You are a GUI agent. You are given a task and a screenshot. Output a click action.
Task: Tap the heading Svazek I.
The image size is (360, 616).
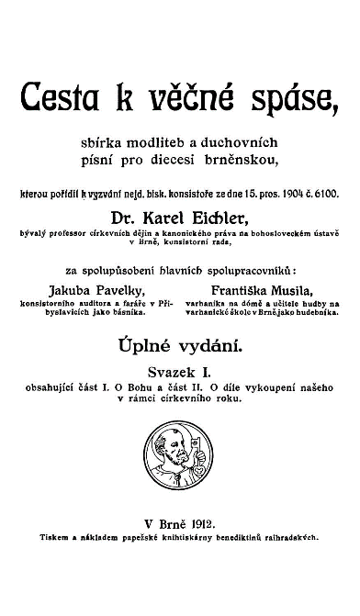click(x=179, y=374)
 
